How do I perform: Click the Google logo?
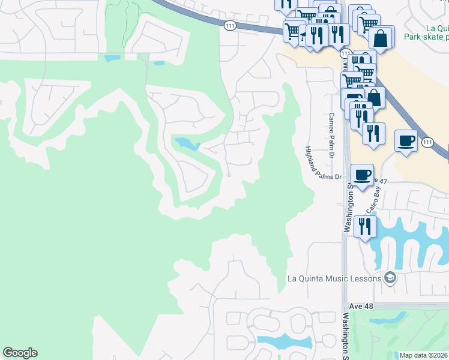point(20,353)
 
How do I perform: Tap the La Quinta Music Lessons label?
point(334,278)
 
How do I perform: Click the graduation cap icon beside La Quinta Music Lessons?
point(390,278)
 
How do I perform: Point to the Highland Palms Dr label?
point(323,163)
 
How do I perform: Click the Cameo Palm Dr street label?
point(331,134)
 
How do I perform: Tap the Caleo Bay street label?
point(374,199)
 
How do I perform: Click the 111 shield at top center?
point(230,25)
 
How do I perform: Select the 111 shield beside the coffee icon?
point(427,142)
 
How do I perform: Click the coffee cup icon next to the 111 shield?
point(406,141)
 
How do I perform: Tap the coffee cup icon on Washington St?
point(361,175)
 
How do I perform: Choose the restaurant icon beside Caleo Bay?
point(364,226)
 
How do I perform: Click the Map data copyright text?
point(423,355)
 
